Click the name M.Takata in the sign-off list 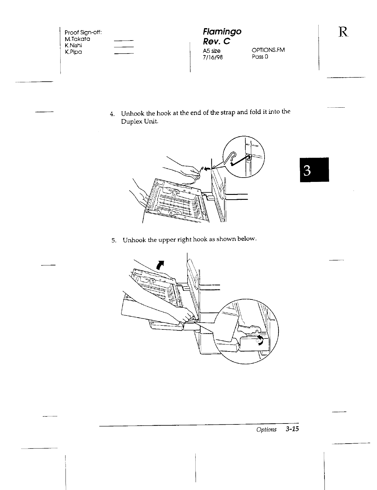77,39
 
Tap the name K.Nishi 73,46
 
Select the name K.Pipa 73,52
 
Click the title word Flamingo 222,31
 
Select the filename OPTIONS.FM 268,50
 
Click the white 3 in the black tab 314,170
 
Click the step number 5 113,240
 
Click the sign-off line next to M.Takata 123,41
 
